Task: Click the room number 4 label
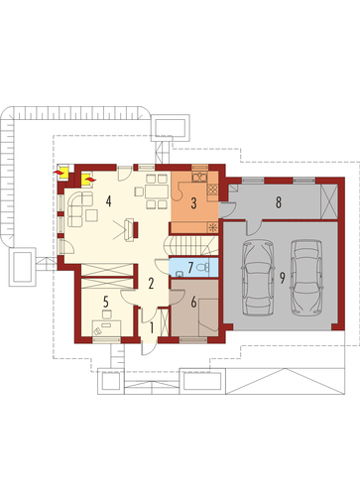click(x=108, y=201)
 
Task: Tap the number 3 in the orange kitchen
click(x=193, y=203)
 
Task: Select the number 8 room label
click(x=279, y=202)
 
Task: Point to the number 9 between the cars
click(x=282, y=278)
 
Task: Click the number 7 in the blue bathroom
click(x=190, y=267)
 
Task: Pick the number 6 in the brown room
click(x=193, y=302)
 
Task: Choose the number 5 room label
click(x=106, y=302)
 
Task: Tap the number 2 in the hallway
click(x=151, y=284)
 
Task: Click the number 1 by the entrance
click(x=152, y=327)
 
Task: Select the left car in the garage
click(x=258, y=277)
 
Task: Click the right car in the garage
click(x=306, y=277)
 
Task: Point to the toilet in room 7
click(x=203, y=267)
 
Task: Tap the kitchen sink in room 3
click(x=199, y=178)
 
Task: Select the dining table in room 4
click(x=157, y=192)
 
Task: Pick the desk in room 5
click(x=106, y=327)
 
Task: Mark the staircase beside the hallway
click(x=190, y=245)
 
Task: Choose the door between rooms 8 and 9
click(x=254, y=227)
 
